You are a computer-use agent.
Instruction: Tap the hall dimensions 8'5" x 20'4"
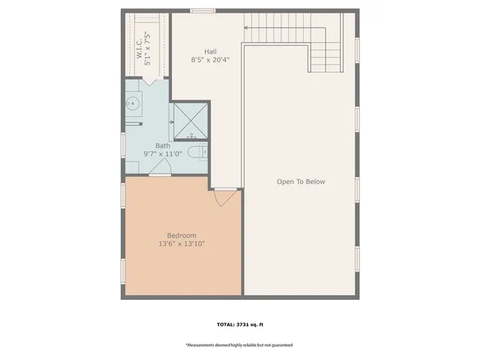point(210,59)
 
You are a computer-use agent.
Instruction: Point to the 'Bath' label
point(163,145)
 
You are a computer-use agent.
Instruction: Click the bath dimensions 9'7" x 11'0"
point(163,154)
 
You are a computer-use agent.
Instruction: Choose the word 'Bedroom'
point(181,235)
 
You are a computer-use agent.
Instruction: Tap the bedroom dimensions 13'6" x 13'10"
point(181,244)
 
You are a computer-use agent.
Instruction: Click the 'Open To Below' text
point(301,182)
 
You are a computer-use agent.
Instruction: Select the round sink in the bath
point(132,104)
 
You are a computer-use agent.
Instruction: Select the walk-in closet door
point(148,82)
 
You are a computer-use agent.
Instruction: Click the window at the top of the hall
point(202,10)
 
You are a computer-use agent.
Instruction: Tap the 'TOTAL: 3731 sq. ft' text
point(239,325)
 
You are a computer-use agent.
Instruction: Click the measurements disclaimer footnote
point(239,345)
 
